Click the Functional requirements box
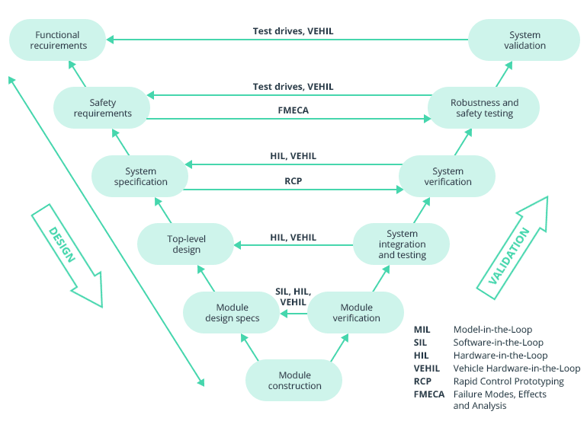point(58,40)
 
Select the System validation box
point(524,40)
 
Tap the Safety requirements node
point(101,108)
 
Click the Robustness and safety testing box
point(484,108)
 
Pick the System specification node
point(140,177)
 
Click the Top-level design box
point(185,244)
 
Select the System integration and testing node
point(401,244)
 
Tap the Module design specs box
point(232,312)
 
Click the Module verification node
point(355,312)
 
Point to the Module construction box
point(294,381)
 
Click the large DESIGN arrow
point(66,254)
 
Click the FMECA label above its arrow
point(293,110)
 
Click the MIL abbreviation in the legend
point(422,330)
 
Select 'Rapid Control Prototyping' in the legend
point(508,381)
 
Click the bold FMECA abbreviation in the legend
point(430,394)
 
